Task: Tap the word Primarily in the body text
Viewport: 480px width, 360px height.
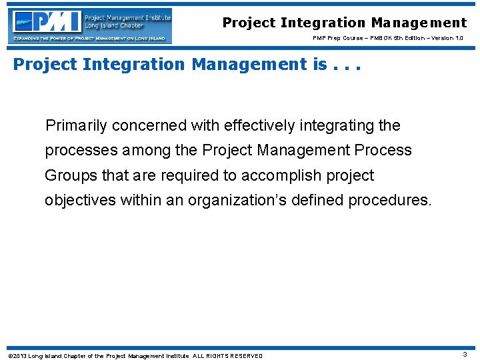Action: [x=75, y=125]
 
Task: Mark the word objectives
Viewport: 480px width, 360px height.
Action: [x=80, y=201]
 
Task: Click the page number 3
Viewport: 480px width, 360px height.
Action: [x=465, y=355]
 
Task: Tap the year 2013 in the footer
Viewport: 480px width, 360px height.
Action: [x=19, y=356]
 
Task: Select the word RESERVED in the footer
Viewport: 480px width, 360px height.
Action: [x=246, y=356]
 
